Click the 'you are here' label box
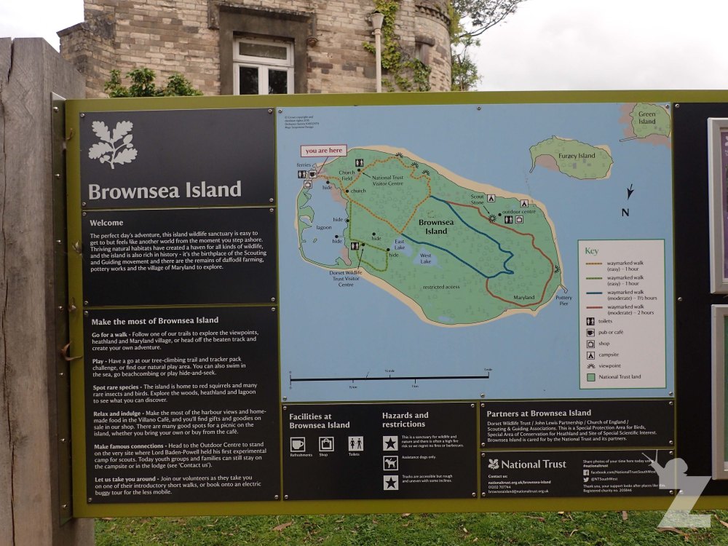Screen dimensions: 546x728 pyautogui.click(x=324, y=151)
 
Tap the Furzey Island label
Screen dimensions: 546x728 pyautogui.click(x=577, y=155)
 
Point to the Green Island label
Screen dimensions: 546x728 pyautogui.click(x=646, y=117)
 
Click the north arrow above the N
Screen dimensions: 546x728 pyautogui.click(x=630, y=191)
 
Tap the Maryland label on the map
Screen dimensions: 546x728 pyautogui.click(x=523, y=298)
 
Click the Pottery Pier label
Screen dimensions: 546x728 pyautogui.click(x=563, y=300)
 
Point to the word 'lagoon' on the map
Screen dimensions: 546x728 pyautogui.click(x=323, y=226)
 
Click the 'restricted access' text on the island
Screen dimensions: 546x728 pyautogui.click(x=440, y=287)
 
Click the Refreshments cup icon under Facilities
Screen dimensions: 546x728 pyautogui.click(x=298, y=443)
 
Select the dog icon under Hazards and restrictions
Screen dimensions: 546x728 pyautogui.click(x=391, y=463)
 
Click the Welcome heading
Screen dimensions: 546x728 pyautogui.click(x=107, y=223)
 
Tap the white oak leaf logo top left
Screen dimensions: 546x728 pyautogui.click(x=113, y=144)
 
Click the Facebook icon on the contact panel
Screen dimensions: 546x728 pyautogui.click(x=586, y=472)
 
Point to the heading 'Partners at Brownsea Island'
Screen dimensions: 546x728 pyautogui.click(x=539, y=413)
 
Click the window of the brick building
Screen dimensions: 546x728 pyautogui.click(x=262, y=67)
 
